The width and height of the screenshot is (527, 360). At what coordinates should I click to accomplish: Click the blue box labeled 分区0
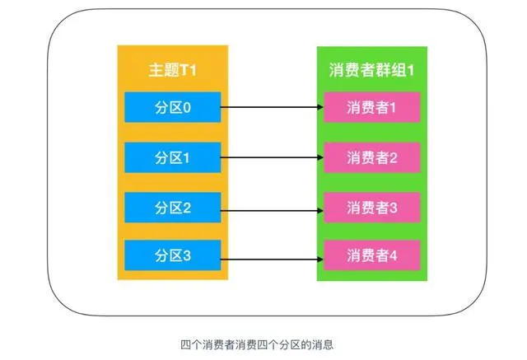point(173,107)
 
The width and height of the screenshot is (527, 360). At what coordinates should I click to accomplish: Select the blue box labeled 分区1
point(173,157)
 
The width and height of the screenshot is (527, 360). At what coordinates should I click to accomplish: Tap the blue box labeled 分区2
point(173,207)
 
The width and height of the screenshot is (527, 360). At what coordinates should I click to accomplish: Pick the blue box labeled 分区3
point(173,255)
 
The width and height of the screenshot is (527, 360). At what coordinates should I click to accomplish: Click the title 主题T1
point(173,69)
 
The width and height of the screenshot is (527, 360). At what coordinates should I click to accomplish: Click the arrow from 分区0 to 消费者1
point(272,107)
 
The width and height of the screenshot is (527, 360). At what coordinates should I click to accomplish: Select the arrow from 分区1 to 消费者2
point(272,157)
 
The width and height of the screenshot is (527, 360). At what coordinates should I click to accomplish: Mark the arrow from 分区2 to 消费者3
point(272,207)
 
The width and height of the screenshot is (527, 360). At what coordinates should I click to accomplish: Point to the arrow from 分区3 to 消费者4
point(272,255)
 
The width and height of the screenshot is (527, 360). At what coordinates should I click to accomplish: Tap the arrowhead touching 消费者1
point(319,107)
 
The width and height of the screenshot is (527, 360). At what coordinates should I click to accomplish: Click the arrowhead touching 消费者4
point(319,255)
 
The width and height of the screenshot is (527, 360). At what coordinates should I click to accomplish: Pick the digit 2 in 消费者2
point(394,157)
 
